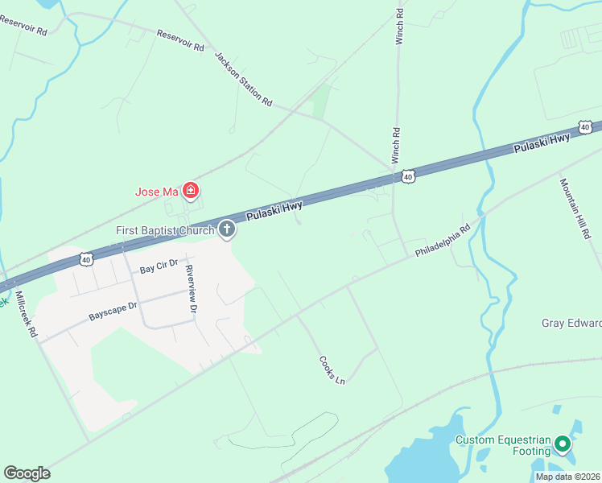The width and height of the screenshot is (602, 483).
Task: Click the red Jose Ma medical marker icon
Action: coord(191,191)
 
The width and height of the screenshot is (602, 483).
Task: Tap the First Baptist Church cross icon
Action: coord(227,230)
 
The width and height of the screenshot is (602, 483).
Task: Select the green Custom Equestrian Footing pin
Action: coord(563,444)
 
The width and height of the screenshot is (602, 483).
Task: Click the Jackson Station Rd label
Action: coord(243,80)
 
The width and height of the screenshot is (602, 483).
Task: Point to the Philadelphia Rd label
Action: coord(443,241)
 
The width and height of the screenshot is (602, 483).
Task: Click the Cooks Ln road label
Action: coord(332,369)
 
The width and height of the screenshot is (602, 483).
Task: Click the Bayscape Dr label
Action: coord(113,312)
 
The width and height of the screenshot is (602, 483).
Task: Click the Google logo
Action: coord(27,473)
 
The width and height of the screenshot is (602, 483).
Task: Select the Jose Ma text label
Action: coord(156,192)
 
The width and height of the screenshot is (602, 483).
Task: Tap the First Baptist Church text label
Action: coord(165,231)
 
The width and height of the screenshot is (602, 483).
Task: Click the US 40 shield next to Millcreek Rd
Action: coord(86,258)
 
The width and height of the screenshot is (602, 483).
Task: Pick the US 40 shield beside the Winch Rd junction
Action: coord(408,175)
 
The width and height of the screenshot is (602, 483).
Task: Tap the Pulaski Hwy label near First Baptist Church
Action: coord(274,212)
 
